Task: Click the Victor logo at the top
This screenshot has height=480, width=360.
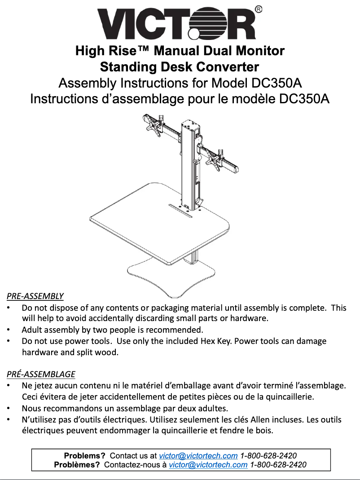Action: pos(177,24)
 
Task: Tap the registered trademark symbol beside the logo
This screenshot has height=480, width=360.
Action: pos(259,9)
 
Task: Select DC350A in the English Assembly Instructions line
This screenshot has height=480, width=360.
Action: pos(277,83)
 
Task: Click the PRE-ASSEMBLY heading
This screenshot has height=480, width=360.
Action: pos(35,296)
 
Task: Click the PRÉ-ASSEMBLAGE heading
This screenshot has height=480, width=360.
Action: pos(41,374)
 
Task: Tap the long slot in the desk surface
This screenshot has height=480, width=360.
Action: pos(180,211)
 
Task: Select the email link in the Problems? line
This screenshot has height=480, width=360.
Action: pos(198,456)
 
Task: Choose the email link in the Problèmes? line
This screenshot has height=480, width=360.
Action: pos(208,465)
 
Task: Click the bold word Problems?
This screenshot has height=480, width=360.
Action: pos(84,456)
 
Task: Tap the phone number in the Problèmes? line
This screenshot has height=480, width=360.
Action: pos(278,465)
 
